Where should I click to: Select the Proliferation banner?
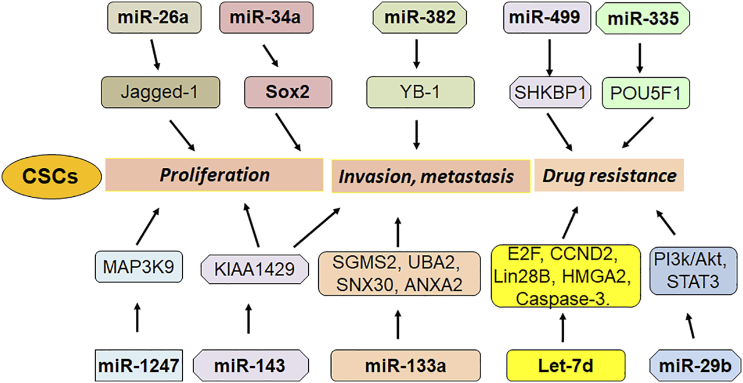tap(214, 175)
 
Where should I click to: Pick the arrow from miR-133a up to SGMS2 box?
tap(398, 323)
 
